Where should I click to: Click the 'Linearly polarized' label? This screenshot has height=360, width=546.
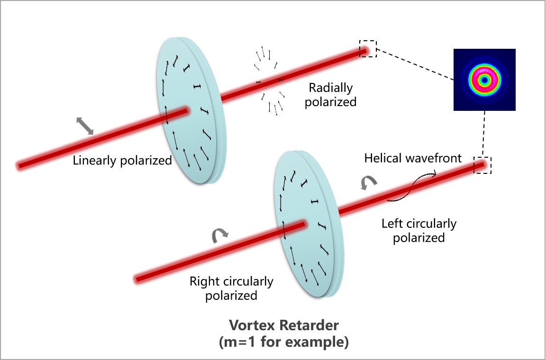click(x=122, y=161)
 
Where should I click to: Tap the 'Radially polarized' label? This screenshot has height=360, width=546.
click(x=331, y=95)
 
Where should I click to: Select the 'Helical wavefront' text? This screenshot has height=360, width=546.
click(x=413, y=158)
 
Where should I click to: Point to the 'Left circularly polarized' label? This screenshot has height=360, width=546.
click(x=419, y=230)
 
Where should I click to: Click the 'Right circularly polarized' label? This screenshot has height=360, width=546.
click(x=231, y=288)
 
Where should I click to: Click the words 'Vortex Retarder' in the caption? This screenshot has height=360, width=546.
click(x=284, y=325)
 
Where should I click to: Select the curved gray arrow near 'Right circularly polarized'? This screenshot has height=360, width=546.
click(x=220, y=235)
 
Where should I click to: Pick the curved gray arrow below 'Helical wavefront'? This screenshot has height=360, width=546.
click(x=368, y=183)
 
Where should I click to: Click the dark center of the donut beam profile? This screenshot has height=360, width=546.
click(x=484, y=80)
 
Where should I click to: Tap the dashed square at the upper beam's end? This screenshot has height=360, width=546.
click(x=368, y=49)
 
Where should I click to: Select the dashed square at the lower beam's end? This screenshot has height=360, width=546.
click(x=483, y=165)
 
